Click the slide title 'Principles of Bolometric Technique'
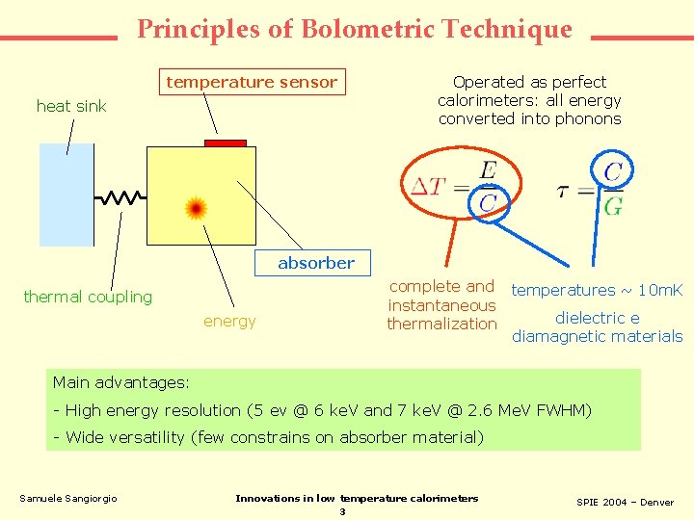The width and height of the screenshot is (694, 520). [x=354, y=29]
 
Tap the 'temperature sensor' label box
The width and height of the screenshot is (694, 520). [x=252, y=83]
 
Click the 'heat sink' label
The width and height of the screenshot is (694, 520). [x=71, y=106]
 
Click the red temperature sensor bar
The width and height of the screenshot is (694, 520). [x=226, y=143]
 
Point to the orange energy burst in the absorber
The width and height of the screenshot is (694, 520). [x=196, y=208]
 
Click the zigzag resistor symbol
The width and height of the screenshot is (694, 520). [x=120, y=197]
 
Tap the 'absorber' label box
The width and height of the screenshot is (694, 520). [x=316, y=263]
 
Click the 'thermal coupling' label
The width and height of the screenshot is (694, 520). [x=88, y=297]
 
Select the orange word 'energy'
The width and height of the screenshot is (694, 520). [x=229, y=321]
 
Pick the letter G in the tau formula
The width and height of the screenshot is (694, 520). [x=613, y=205]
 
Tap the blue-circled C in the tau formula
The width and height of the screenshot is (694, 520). [x=612, y=172]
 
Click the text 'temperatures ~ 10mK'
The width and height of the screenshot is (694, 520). [x=597, y=290]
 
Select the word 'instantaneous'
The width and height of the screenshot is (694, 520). [x=441, y=305]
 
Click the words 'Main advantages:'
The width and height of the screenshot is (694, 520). [x=121, y=382]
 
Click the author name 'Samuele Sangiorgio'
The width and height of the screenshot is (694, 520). [x=68, y=498]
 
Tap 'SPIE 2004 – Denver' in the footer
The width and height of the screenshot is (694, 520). [x=625, y=503]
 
